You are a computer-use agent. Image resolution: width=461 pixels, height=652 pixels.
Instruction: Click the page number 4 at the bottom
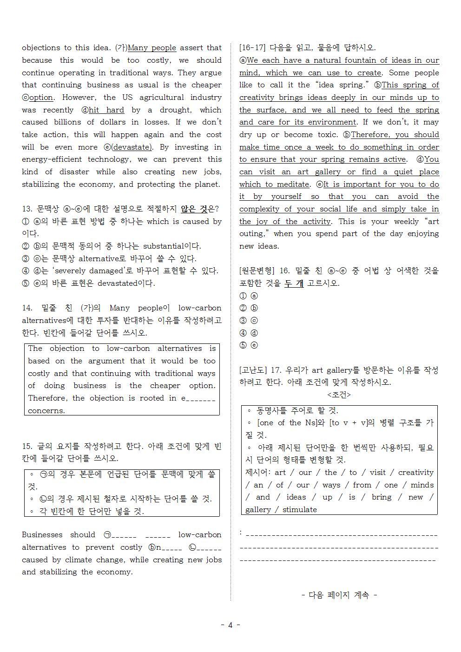[x=230, y=625]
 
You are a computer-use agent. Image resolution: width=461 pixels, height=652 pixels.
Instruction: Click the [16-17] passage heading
[x=252, y=47]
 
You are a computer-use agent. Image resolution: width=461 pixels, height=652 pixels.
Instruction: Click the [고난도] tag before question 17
[x=252, y=370]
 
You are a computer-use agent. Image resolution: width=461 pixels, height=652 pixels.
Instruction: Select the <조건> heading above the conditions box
[x=339, y=395]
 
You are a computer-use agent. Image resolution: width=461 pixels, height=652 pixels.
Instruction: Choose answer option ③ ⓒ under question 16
[x=249, y=321]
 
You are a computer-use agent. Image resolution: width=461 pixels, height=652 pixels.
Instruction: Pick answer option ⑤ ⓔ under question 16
[x=249, y=345]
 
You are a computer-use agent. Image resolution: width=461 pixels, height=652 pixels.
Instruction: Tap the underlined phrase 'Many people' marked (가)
[x=152, y=47]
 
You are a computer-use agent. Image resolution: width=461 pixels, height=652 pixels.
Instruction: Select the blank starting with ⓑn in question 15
[x=165, y=547]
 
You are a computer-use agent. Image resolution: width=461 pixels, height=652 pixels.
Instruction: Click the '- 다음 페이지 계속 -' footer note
[x=339, y=595]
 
